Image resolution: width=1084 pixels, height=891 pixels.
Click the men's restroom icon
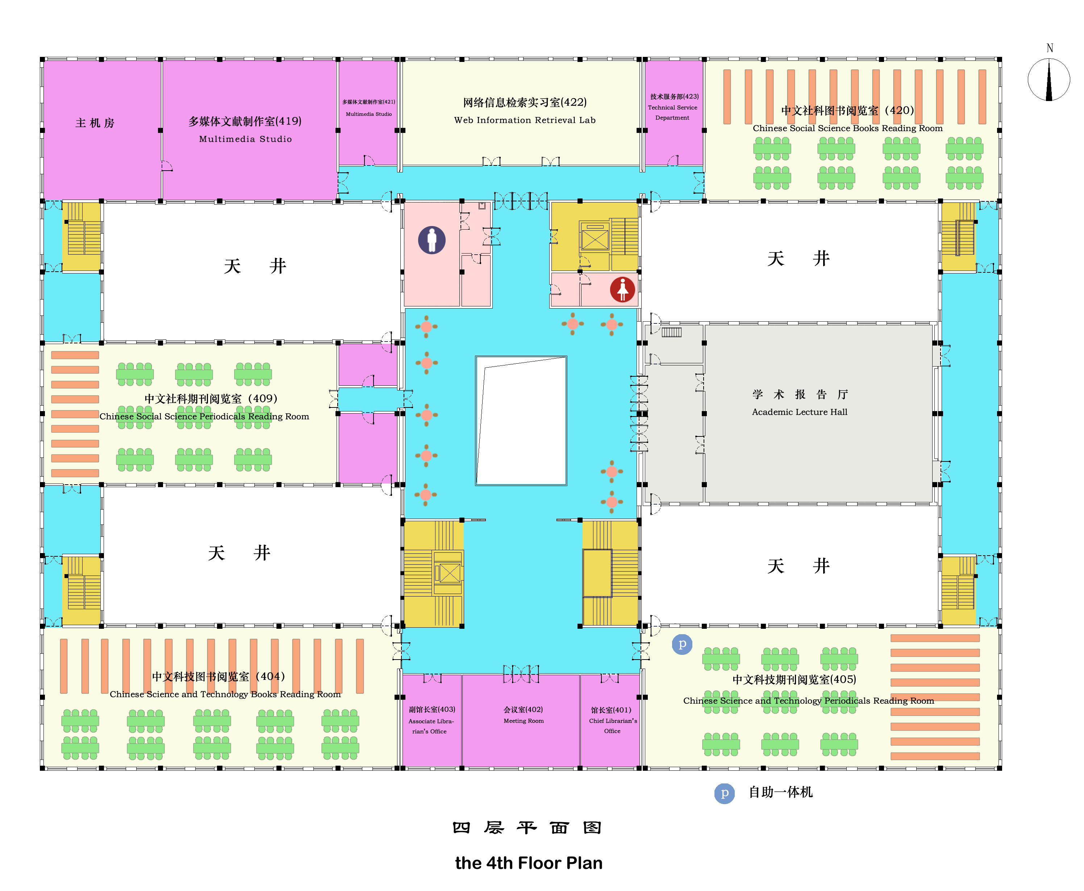[431, 240]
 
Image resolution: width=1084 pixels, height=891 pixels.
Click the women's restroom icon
[622, 289]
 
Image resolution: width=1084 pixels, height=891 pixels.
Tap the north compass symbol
[1048, 80]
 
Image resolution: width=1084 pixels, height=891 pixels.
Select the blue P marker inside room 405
[681, 644]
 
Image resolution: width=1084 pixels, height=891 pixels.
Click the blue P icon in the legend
[724, 793]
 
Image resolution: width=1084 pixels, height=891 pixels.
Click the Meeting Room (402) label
[523, 715]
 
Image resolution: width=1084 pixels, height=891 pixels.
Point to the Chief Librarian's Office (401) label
[612, 720]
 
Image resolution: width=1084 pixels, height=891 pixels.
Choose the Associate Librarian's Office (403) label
[431, 720]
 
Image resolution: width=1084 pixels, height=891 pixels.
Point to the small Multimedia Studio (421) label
[368, 108]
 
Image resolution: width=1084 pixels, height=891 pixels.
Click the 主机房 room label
[95, 123]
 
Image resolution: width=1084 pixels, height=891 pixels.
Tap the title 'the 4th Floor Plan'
[529, 863]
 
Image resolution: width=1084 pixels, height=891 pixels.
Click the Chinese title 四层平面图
[527, 827]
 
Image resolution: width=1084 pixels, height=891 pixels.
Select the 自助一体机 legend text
[780, 792]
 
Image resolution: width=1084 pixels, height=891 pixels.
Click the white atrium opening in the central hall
[521, 421]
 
